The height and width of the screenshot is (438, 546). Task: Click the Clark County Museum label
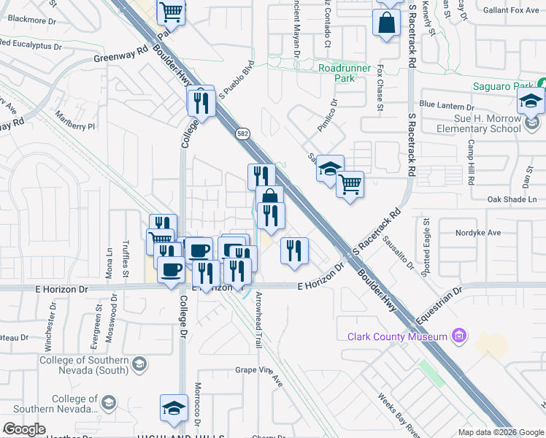click(397, 337)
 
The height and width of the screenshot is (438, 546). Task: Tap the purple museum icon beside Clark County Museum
click(459, 336)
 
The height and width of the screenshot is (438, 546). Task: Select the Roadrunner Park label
click(337, 72)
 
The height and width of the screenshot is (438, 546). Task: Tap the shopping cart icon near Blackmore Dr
click(172, 11)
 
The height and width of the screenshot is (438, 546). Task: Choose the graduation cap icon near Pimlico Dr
click(330, 169)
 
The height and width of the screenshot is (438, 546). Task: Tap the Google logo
click(24, 429)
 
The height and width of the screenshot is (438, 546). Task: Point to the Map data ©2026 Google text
click(500, 432)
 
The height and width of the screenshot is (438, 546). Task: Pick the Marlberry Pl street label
click(75, 121)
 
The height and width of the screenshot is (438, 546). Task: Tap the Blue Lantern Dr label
click(447, 106)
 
